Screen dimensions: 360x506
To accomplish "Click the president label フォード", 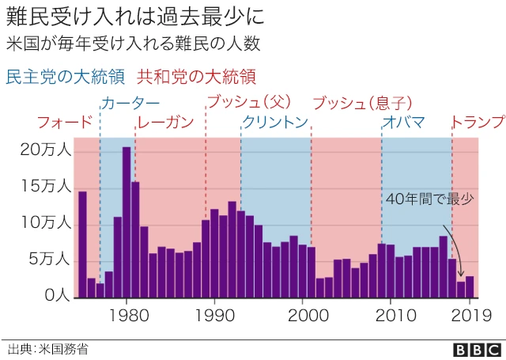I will pyautogui.click(x=65, y=123).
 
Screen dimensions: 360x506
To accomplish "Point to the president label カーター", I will pyautogui.click(x=130, y=104).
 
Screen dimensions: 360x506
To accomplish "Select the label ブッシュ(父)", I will pyautogui.click(x=249, y=104).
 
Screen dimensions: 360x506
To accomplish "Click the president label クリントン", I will pyautogui.click(x=274, y=123).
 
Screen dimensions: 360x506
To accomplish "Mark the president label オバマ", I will pyautogui.click(x=403, y=123).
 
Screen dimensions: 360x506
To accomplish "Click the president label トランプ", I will pyautogui.click(x=478, y=123).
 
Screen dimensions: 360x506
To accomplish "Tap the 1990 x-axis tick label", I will pyautogui.click(x=213, y=314).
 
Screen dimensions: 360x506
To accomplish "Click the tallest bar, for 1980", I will pyautogui.click(x=126, y=222).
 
